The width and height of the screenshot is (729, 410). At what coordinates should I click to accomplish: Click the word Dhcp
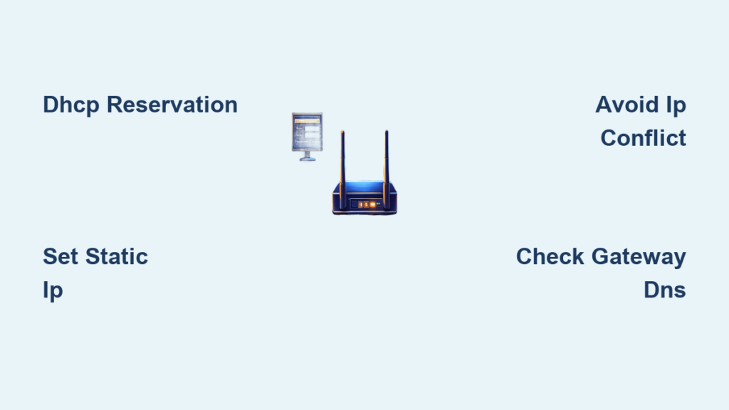[x=70, y=105]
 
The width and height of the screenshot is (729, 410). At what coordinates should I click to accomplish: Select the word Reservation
[x=172, y=105]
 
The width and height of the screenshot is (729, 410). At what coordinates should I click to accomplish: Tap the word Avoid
[x=626, y=105]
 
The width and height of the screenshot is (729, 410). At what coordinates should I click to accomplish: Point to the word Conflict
[x=643, y=138]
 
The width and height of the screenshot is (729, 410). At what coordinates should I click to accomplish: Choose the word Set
[x=61, y=256]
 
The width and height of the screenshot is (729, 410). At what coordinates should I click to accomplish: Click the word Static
[x=117, y=256]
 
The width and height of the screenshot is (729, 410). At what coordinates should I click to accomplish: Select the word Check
[x=550, y=256]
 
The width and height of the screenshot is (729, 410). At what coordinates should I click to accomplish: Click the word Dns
[x=665, y=290]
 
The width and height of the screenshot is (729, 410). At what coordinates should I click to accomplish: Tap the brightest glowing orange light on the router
[x=372, y=204]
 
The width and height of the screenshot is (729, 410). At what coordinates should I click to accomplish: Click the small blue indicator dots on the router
[x=379, y=204]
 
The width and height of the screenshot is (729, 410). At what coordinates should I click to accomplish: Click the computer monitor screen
[x=308, y=132]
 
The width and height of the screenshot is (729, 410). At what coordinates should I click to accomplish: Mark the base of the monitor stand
[x=308, y=159]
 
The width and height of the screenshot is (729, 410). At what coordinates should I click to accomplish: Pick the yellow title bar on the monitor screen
[x=308, y=121]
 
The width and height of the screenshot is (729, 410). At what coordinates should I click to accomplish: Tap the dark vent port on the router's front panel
[x=355, y=204]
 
